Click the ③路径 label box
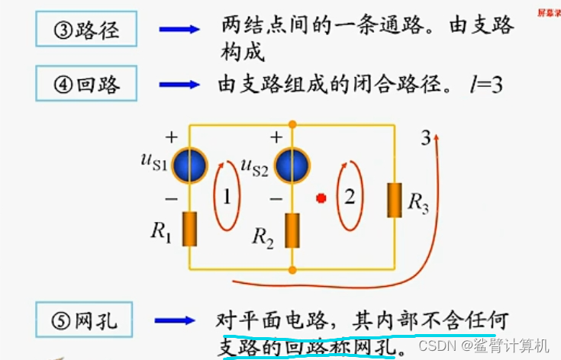click(87, 31)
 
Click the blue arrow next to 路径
click(179, 30)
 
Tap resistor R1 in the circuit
click(190, 229)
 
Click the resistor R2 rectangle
click(293, 230)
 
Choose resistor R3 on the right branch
click(395, 200)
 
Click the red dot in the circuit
click(321, 198)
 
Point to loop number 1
click(225, 196)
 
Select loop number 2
click(349, 196)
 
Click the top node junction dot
click(293, 124)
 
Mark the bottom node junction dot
click(293, 269)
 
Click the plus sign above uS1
click(171, 138)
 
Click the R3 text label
click(418, 202)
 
